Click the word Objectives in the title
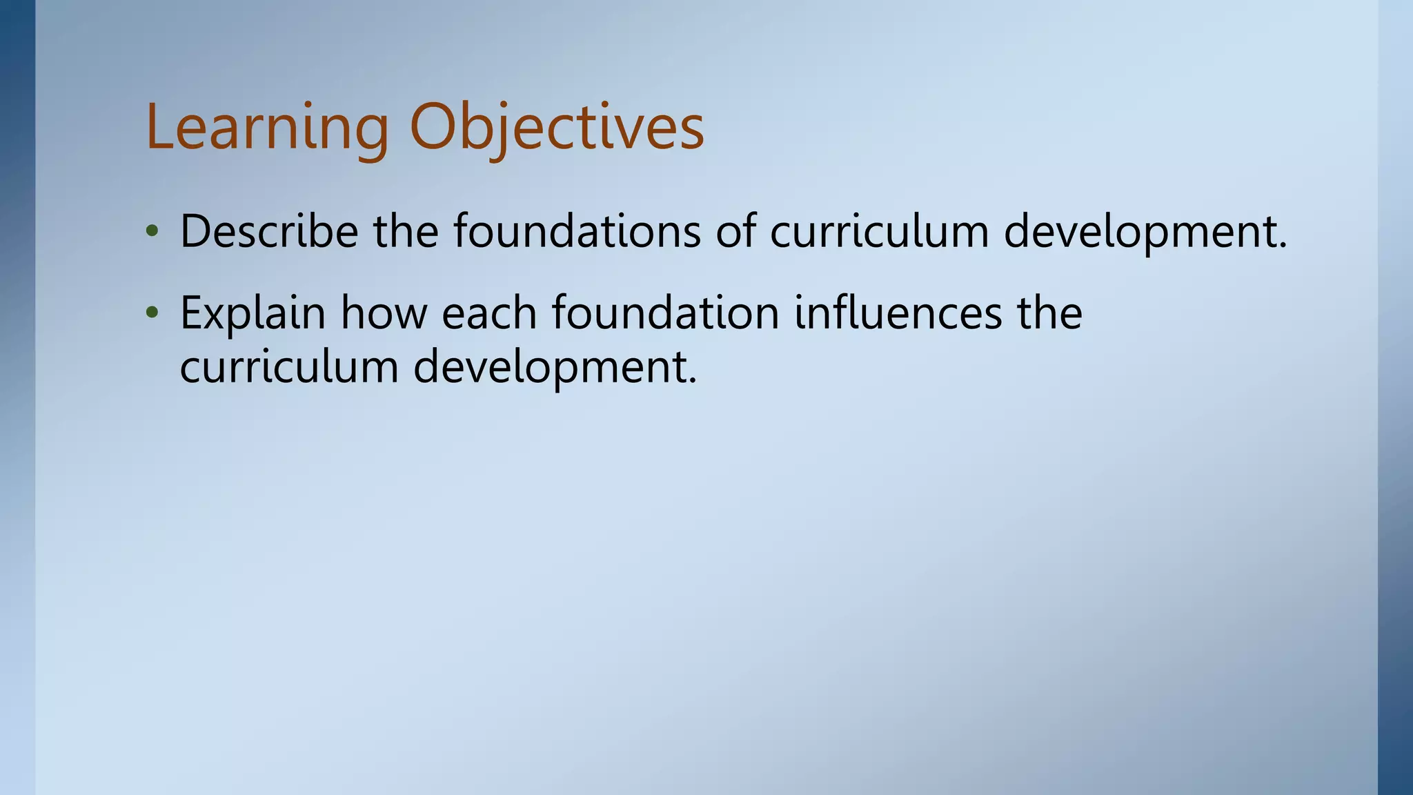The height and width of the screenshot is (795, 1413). (557, 128)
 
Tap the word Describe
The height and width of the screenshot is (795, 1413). (269, 231)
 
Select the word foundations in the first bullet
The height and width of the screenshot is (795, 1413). (577, 231)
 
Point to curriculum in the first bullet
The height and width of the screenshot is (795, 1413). (880, 231)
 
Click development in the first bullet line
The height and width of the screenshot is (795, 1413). (1145, 233)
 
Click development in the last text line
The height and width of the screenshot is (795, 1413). (555, 368)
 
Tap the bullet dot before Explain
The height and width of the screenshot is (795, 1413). (152, 315)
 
